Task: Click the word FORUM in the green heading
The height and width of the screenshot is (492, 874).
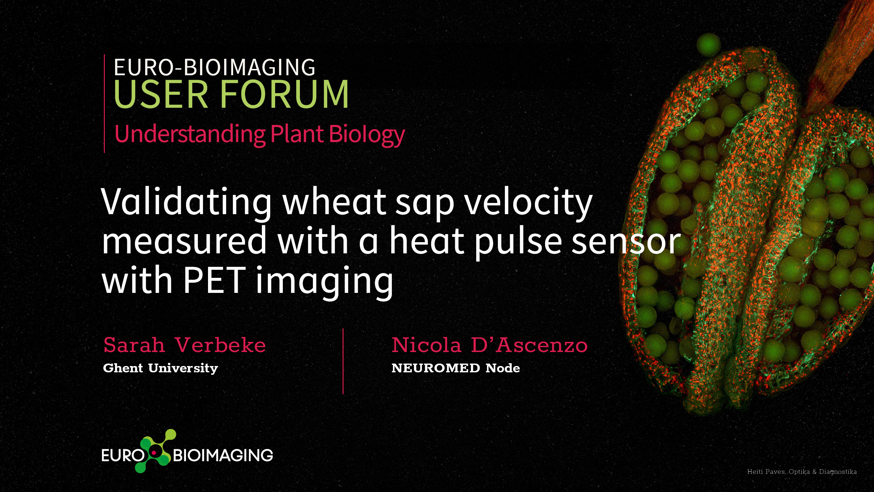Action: [284, 94]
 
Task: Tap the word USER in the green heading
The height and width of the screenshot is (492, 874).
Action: [161, 94]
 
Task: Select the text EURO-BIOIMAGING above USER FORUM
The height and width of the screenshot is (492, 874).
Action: [215, 67]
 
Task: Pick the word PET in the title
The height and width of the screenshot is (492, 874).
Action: [215, 280]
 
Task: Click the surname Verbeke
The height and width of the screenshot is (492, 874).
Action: [220, 345]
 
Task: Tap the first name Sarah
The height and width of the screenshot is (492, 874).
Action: [134, 345]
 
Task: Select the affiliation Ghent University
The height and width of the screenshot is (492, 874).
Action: [160, 368]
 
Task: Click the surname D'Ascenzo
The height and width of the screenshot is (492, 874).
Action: [529, 345]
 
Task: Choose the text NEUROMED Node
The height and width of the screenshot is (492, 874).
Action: [456, 368]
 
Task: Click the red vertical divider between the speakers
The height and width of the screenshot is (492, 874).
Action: [343, 361]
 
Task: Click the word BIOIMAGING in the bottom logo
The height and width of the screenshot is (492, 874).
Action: [223, 455]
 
